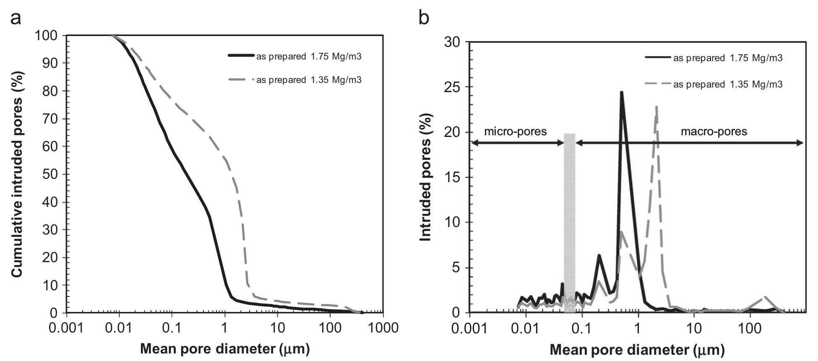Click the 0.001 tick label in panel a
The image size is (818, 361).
66,328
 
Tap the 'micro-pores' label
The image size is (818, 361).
516,132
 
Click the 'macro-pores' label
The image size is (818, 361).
714,132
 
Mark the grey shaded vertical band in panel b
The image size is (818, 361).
569,222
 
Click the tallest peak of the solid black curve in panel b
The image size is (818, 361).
621,92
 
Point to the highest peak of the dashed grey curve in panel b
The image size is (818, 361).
656,107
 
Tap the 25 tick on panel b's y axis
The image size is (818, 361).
457,87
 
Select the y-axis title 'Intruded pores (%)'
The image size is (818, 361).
426,177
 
